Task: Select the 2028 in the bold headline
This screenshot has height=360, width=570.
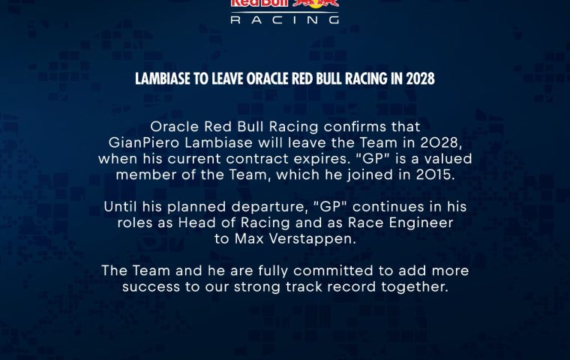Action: pos(420,79)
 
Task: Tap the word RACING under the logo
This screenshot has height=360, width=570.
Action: pos(285,19)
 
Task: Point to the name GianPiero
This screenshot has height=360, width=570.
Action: pos(144,142)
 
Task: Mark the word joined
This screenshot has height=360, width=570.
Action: pos(370,175)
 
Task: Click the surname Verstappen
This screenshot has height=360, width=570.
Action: pos(313,239)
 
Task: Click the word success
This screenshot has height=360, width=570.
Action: pos(151,287)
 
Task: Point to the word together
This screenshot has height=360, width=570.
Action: pos(415,287)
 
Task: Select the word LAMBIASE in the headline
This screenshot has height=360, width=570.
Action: pos(163,79)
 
